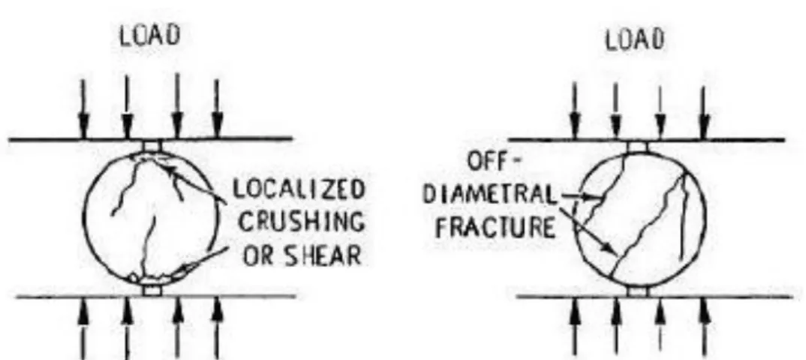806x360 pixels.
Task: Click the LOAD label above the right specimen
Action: (x=635, y=40)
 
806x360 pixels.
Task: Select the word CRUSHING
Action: (x=302, y=222)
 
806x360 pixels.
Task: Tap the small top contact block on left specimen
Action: (x=152, y=145)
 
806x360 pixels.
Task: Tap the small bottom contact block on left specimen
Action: (x=152, y=290)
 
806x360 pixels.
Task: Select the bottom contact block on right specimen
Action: (x=639, y=291)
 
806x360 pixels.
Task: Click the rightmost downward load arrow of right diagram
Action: (x=704, y=112)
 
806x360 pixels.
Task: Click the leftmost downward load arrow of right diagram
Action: (x=575, y=112)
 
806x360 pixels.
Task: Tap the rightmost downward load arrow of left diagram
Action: (x=218, y=109)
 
